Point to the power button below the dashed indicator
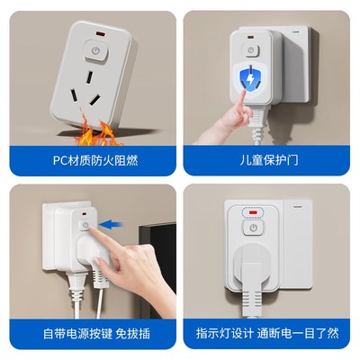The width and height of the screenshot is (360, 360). (255, 229)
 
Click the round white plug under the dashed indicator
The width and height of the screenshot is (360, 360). (253, 266)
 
